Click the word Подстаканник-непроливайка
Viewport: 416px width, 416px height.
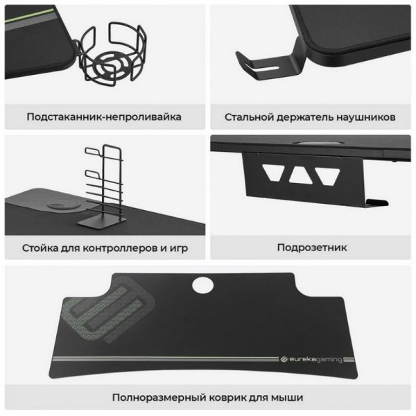click(104, 116)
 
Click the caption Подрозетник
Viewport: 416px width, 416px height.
click(312, 248)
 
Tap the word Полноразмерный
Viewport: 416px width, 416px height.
click(159, 397)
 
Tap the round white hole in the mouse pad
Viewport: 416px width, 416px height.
click(202, 285)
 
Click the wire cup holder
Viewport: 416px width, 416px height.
click(112, 54)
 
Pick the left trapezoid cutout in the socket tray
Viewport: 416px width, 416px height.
click(274, 172)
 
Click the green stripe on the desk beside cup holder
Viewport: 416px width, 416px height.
click(29, 15)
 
